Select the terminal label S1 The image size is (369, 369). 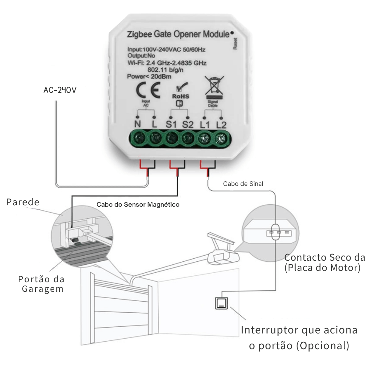coord(171,124)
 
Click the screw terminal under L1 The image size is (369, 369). coord(204,139)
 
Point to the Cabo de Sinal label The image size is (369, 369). coord(243,184)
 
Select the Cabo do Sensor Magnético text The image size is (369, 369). coord(138,205)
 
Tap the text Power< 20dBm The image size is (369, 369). coord(145,76)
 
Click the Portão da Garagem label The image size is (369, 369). coord(41,284)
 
